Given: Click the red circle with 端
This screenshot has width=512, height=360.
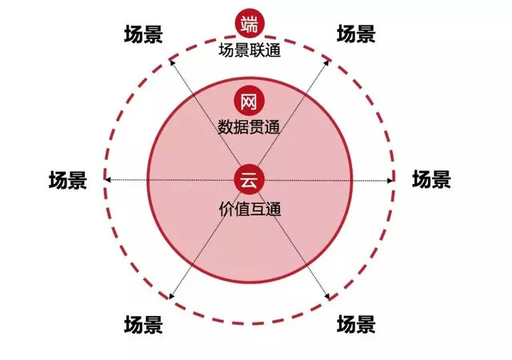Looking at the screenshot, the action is point(250,24).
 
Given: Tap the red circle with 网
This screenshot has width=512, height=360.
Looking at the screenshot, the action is point(250,102).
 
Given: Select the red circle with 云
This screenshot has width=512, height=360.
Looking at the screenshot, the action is point(250,180).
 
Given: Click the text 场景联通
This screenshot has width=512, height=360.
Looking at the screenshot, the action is point(250,50).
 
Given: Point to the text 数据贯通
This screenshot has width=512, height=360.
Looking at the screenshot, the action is point(249,127).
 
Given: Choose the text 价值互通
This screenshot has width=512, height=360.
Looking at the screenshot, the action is point(250,209).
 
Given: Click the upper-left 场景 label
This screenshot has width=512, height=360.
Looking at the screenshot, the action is point(143,34).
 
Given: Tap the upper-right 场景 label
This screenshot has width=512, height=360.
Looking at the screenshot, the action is point(356,34).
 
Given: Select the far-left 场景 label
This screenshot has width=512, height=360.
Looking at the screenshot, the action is point(68,180).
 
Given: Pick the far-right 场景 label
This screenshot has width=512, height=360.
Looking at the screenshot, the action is point(431,179).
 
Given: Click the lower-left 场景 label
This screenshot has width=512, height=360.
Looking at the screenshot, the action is point(143,324).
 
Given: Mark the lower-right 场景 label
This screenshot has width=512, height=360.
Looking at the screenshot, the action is point(356,324).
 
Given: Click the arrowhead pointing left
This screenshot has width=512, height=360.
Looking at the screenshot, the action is point(107,180).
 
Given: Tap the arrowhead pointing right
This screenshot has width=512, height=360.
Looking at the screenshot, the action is point(390,180).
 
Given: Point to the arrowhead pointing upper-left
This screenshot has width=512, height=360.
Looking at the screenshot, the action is point(173,63).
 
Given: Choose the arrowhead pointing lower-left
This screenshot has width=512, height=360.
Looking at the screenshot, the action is point(172,296).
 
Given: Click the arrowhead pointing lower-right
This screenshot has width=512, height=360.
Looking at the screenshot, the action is point(327,296).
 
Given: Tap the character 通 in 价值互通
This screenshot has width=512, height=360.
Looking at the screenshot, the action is point(274,209).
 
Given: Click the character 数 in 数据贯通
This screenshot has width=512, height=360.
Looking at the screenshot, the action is point(226,127).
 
